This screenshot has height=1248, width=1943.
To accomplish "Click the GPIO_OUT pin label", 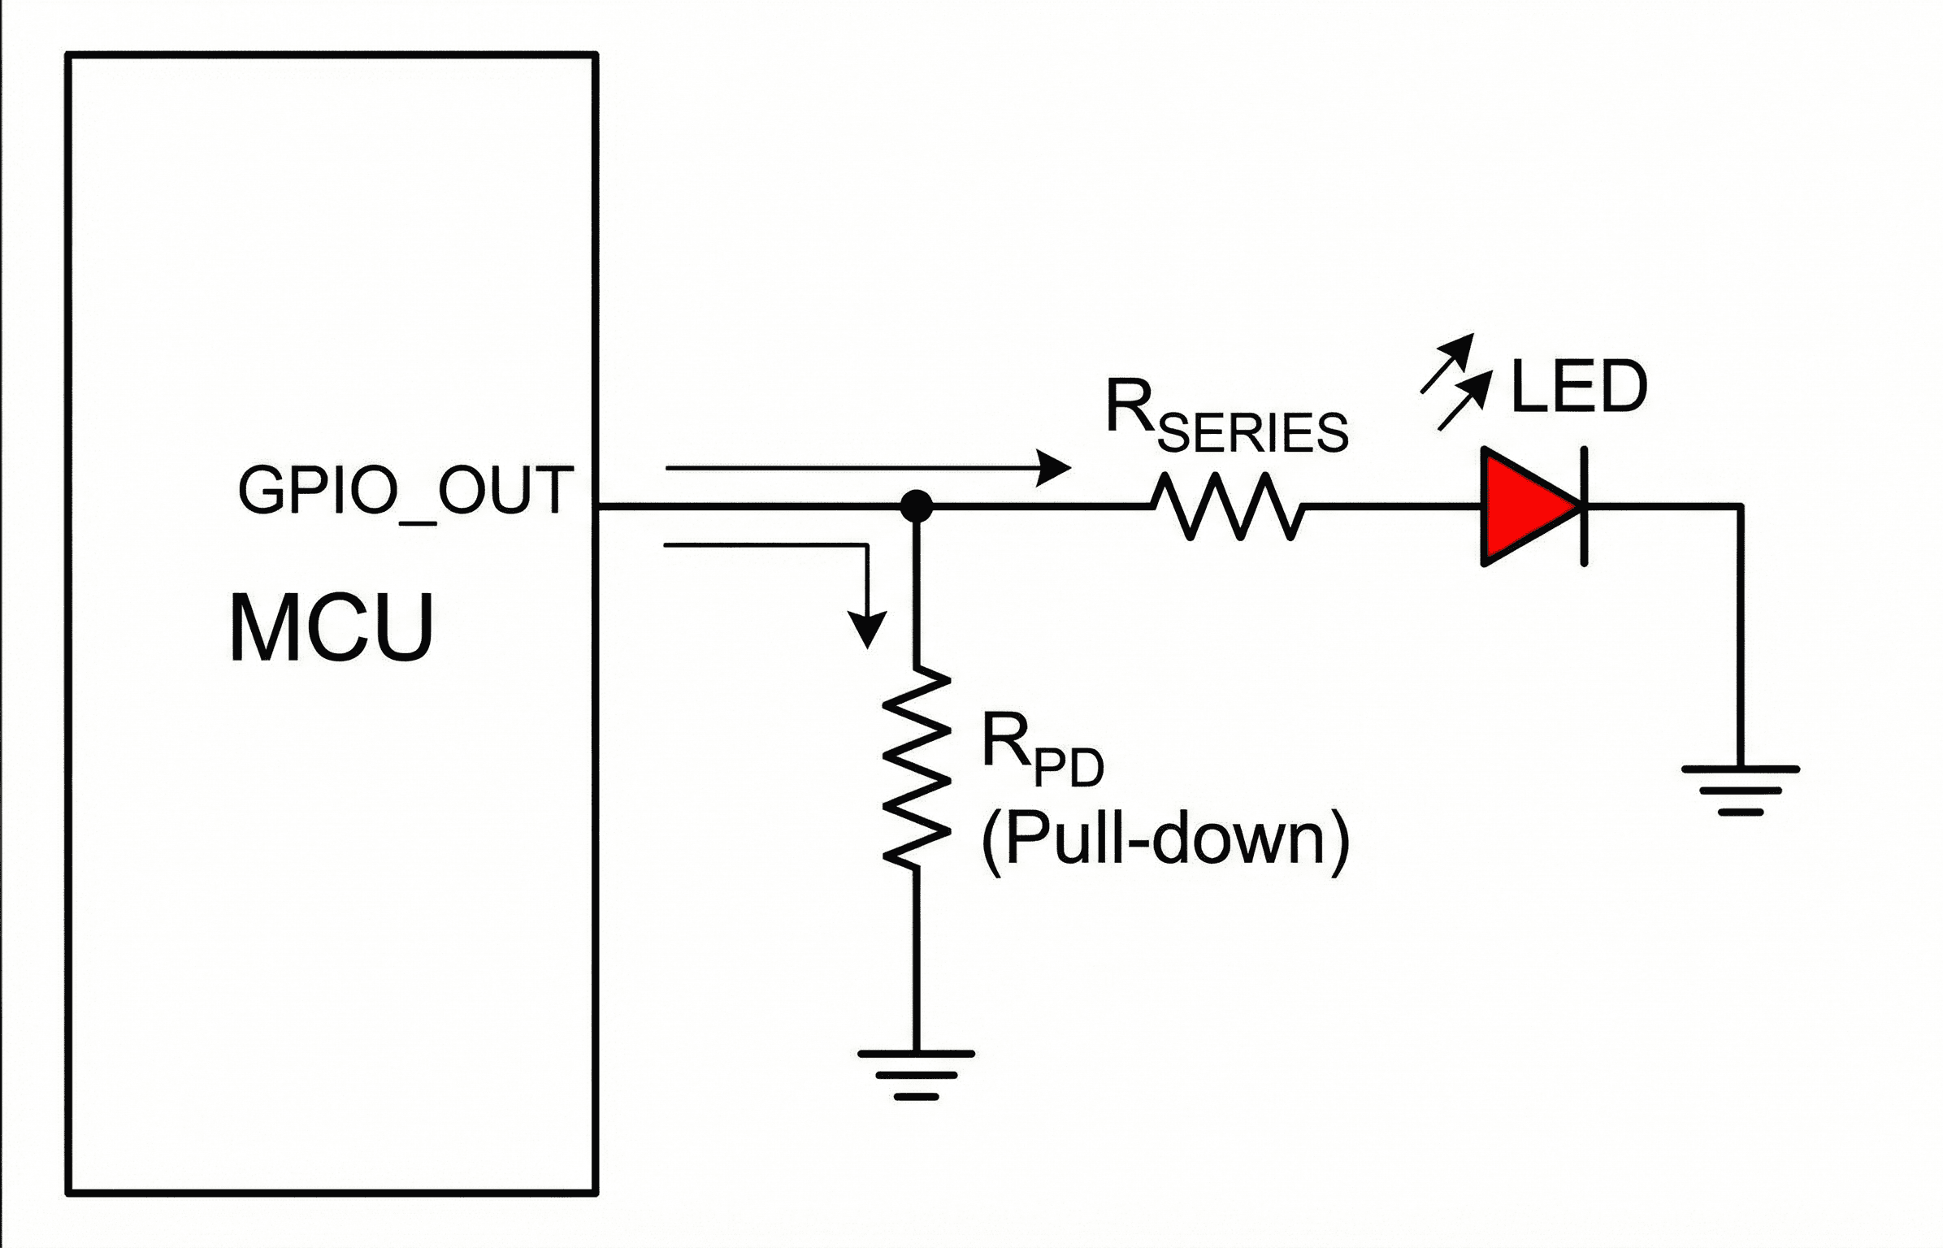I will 405,491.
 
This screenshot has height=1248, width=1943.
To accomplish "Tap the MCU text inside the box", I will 332,628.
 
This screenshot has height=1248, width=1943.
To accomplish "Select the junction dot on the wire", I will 917,506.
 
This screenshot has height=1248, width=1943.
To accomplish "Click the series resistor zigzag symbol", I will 1228,506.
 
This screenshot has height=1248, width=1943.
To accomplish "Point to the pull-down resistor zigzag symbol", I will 917,767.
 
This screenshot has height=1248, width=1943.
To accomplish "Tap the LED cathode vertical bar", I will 1584,506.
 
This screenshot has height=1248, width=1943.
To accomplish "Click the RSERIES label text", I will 1225,416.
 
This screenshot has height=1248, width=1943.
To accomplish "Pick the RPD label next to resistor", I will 1042,749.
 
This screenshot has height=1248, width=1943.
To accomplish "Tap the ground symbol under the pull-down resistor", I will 916,1074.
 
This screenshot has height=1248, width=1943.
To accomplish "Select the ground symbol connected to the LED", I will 1741,789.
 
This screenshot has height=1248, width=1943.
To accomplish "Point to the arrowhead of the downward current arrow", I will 867,630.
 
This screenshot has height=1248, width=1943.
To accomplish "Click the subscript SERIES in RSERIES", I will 1252,433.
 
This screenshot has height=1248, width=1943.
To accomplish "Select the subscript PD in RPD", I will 1069,767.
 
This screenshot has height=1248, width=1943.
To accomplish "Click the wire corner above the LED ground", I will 1741,506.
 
